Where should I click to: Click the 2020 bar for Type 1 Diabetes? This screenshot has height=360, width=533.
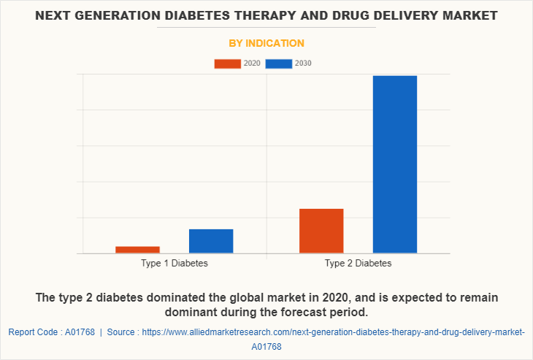(137, 250)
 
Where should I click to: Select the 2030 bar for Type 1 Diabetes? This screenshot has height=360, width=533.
(211, 241)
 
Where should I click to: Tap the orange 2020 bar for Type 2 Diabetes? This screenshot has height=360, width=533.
(321, 231)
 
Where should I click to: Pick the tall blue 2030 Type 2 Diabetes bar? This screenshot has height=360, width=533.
(395, 164)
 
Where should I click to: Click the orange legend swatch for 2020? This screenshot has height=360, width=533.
(227, 64)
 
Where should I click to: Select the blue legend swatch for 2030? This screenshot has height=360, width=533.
(278, 64)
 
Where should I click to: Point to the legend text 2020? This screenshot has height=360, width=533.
(252, 64)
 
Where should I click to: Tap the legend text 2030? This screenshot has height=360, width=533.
(303, 64)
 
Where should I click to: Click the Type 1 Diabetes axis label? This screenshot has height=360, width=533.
(175, 263)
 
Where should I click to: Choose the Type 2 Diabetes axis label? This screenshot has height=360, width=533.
(358, 263)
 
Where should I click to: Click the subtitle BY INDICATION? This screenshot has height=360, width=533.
(266, 43)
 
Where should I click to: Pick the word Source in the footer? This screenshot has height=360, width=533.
(121, 332)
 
